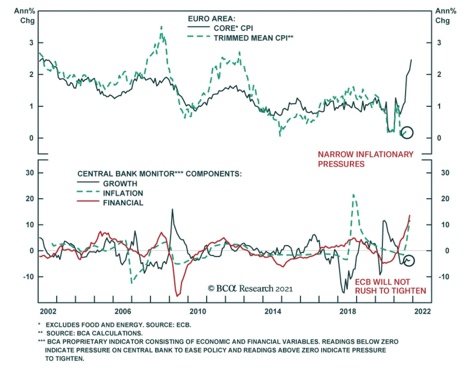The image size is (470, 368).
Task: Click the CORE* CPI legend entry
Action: [x=233, y=28]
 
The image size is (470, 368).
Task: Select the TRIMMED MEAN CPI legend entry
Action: [x=253, y=38]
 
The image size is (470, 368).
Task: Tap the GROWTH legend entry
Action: [x=120, y=184]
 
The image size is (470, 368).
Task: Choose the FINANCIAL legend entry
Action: [x=123, y=203]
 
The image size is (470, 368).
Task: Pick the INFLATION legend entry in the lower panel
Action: [x=123, y=193]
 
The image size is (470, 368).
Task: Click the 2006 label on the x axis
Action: [x=123, y=311]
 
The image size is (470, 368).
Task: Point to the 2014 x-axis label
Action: [x=273, y=311]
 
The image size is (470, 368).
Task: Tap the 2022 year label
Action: [x=422, y=311]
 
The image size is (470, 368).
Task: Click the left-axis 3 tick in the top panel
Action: [x=31, y=43]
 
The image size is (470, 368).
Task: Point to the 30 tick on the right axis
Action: [x=445, y=173]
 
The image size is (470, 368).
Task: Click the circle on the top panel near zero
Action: [x=407, y=132]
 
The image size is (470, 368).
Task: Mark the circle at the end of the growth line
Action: [x=409, y=260]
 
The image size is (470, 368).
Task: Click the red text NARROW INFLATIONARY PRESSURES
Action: [x=365, y=159]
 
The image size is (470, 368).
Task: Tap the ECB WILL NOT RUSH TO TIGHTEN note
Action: [x=390, y=286]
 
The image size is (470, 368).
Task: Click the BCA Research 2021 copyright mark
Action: [x=250, y=289]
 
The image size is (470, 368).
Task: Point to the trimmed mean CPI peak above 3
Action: [x=161, y=27]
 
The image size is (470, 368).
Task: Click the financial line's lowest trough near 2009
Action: [x=177, y=295]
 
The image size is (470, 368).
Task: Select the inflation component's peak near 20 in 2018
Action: [x=353, y=195]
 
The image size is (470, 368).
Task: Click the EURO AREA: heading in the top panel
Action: [x=211, y=19]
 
